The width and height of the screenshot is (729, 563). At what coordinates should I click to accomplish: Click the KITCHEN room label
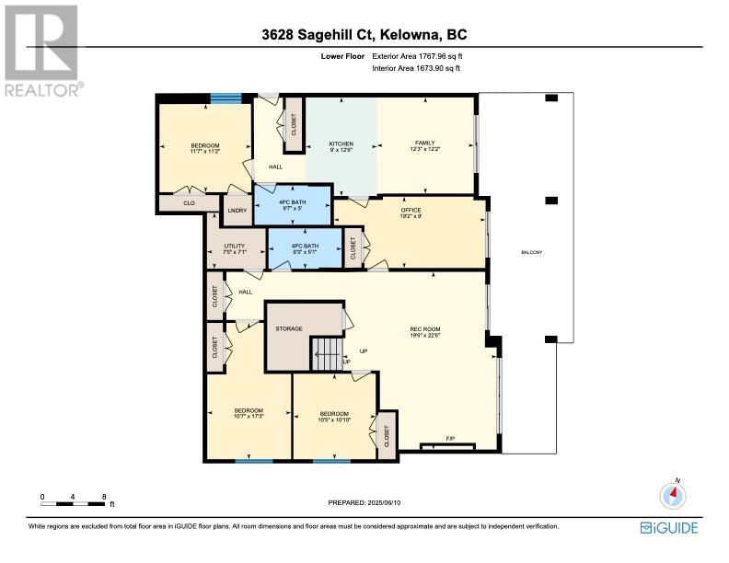341,144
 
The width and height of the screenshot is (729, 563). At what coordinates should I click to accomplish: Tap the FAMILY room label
425,144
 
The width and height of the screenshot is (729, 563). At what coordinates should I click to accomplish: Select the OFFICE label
411,211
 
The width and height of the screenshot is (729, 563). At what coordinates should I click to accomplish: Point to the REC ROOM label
425,329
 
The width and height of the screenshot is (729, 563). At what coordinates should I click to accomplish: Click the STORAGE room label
289,329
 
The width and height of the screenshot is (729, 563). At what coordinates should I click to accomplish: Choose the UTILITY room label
235,247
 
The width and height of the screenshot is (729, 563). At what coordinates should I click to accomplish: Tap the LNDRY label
237,211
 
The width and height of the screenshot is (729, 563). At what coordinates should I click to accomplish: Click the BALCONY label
531,252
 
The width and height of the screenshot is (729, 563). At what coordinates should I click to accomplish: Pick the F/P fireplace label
449,439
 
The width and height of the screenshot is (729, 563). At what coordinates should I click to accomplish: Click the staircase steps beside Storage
327,354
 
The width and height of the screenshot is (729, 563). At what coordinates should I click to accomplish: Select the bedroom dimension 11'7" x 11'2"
204,151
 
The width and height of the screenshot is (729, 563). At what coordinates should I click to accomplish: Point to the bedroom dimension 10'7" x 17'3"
249,417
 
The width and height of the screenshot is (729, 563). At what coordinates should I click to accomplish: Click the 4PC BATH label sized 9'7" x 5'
292,205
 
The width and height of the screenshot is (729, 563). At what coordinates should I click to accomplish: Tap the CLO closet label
189,203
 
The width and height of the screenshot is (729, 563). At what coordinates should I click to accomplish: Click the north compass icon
673,496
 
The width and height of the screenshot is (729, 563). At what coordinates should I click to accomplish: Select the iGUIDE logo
669,528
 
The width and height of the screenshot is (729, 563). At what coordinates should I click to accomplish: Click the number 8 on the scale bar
104,497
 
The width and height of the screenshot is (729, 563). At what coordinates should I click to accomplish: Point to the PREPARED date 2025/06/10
384,502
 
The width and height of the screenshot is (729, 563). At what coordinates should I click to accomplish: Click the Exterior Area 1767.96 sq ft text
418,56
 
